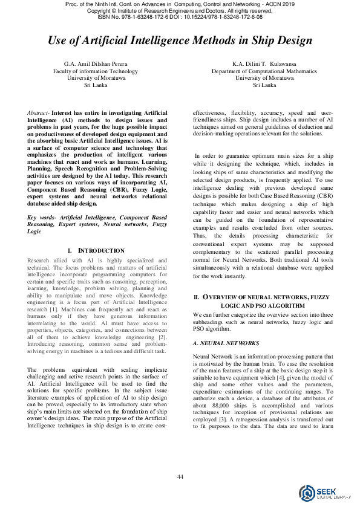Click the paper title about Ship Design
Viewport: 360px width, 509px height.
coord(180,41)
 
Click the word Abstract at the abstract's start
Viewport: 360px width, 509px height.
coord(39,113)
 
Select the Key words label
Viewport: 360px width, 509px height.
coord(43,217)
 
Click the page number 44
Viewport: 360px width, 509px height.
coord(180,478)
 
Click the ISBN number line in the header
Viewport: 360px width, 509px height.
coord(180,18)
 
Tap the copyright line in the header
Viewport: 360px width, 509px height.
coord(180,11)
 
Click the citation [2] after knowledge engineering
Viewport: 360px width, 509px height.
coord(162,337)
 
